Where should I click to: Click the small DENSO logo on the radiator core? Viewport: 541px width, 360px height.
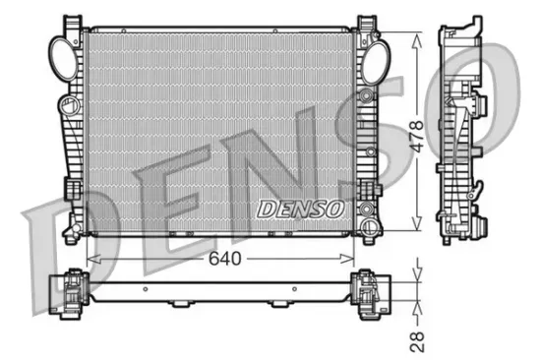[299, 208]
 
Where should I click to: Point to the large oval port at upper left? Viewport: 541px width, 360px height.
[61, 52]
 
